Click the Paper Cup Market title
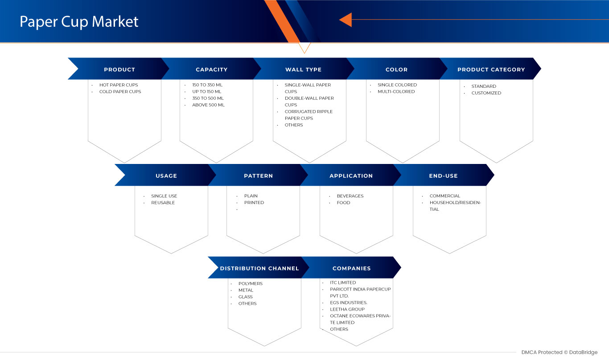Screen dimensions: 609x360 (x=79, y=22)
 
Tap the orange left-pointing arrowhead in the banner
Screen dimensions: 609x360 (x=346, y=20)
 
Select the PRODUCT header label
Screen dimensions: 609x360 (x=119, y=70)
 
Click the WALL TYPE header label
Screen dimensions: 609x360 (x=304, y=70)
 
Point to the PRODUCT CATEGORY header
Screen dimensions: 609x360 (x=491, y=70)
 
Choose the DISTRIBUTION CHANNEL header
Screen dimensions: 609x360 (x=259, y=268)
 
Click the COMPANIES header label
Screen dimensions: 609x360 (x=351, y=268)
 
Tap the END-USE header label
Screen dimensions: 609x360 (x=444, y=176)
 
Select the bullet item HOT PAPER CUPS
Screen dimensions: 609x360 (x=119, y=85)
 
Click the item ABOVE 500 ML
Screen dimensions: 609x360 (x=208, y=105)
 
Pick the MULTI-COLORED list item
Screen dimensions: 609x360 (x=396, y=92)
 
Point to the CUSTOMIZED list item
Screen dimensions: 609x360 (x=486, y=93)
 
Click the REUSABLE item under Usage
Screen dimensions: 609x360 (x=163, y=203)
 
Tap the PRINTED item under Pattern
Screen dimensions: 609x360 (x=254, y=202)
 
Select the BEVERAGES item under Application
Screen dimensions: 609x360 (x=350, y=196)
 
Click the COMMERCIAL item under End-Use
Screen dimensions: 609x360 (x=445, y=196)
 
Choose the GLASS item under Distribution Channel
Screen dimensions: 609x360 (x=245, y=297)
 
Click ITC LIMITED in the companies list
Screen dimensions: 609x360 (x=343, y=282)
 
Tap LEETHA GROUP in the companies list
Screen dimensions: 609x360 (x=347, y=309)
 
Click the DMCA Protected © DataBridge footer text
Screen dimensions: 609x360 (x=559, y=352)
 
